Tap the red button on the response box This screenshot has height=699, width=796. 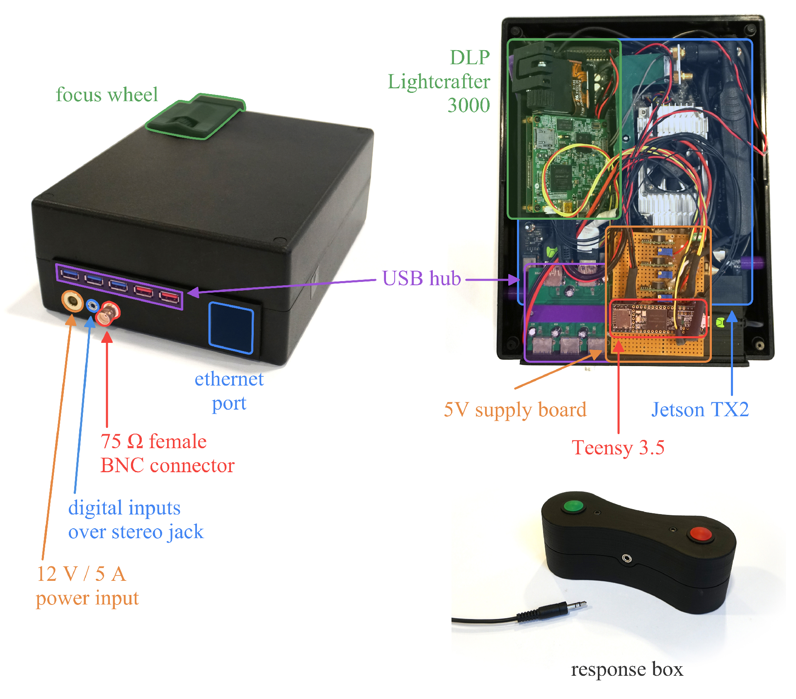click(x=700, y=534)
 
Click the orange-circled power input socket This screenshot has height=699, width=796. click(x=72, y=301)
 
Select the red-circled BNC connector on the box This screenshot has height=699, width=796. click(x=107, y=313)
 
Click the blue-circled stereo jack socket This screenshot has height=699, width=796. click(x=92, y=306)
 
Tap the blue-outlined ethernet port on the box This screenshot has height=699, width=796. click(x=231, y=328)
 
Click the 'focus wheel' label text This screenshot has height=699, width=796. click(x=107, y=95)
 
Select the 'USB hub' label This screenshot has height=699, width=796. click(x=421, y=278)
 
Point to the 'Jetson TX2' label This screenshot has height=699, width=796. click(x=700, y=410)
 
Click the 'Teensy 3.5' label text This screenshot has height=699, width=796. click(x=618, y=448)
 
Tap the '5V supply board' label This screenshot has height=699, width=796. click(x=515, y=410)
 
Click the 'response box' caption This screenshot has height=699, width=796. click(x=627, y=669)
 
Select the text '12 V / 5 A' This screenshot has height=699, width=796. click(x=81, y=574)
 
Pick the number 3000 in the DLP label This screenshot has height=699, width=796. click(x=468, y=105)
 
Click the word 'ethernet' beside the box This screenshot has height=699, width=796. click(x=229, y=379)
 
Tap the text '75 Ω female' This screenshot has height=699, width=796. click(x=153, y=442)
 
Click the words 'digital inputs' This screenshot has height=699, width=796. click(x=124, y=508)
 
